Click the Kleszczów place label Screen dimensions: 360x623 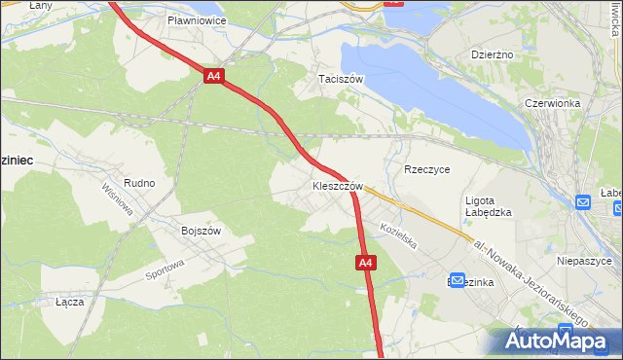(337, 186)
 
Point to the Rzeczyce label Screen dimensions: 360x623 (426, 168)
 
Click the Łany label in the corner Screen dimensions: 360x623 (14, 6)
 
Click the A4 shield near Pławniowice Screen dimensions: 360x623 (214, 75)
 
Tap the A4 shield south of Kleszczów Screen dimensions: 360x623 (363, 263)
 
